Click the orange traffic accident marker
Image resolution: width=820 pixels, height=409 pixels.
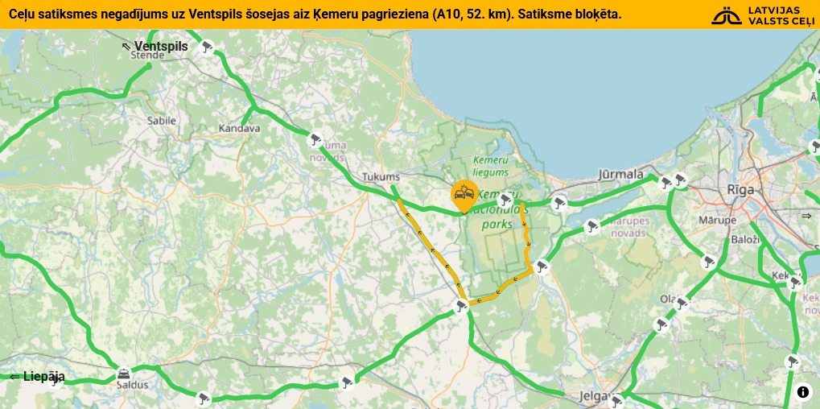(464, 193)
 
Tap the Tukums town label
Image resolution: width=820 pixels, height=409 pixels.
(381, 177)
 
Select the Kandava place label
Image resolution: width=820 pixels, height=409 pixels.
(239, 128)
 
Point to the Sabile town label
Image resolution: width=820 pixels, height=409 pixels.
(161, 121)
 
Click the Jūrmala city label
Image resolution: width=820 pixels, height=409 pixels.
(621, 174)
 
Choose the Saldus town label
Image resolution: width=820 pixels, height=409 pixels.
(133, 385)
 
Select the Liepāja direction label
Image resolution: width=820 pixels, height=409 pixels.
(37, 377)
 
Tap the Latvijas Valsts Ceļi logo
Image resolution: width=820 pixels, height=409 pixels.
(763, 14)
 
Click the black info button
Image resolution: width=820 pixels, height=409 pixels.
(803, 392)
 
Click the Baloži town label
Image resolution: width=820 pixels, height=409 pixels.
(746, 240)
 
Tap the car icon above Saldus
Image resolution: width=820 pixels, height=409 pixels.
(123, 373)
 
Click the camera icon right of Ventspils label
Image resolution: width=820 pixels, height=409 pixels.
(207, 47)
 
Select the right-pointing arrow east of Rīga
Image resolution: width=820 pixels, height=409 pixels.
(806, 216)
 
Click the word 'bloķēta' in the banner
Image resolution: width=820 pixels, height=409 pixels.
(595, 14)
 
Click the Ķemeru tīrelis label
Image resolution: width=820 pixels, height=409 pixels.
(491, 165)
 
